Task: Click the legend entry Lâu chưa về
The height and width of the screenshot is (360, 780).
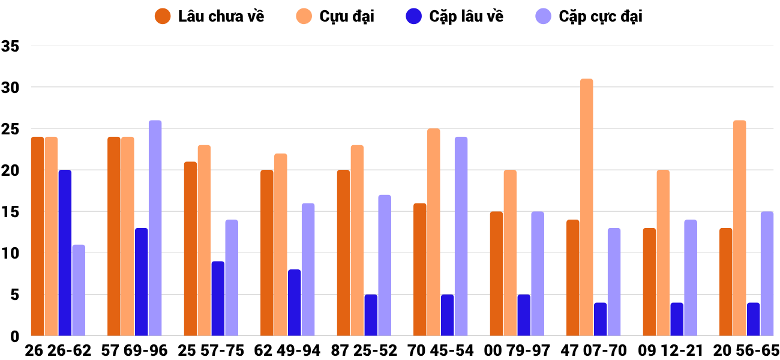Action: click(209, 16)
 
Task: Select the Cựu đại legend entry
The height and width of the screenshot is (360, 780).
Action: click(335, 16)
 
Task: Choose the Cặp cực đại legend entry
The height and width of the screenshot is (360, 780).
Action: click(588, 16)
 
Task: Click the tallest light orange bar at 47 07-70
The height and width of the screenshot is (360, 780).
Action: click(587, 207)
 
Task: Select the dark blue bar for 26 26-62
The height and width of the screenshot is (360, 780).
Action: click(65, 253)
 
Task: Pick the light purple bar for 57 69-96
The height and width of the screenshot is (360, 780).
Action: click(155, 228)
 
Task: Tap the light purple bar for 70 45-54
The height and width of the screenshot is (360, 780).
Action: click(461, 236)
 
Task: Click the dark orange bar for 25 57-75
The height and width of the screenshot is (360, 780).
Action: click(191, 248)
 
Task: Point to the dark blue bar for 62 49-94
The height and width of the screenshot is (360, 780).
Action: click(294, 302)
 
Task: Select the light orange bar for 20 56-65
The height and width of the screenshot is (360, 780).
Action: click(739, 228)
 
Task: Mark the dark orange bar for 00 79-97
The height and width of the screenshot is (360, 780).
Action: click(496, 274)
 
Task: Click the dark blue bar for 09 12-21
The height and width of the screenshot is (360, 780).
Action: click(677, 319)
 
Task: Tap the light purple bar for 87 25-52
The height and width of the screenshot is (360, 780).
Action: click(385, 265)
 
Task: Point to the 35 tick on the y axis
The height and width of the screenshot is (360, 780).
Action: click(11, 46)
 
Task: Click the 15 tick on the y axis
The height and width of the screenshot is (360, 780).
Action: click(11, 212)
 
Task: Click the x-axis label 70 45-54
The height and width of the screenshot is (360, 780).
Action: click(440, 350)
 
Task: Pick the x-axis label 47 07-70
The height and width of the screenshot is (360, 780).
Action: click(593, 350)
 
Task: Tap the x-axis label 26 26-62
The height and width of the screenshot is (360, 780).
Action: click(58, 350)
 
